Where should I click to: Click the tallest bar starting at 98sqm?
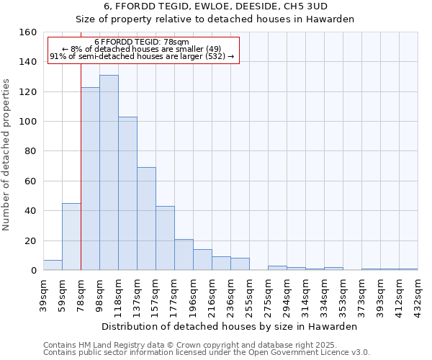click(x=109, y=173)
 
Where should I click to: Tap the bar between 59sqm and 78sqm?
click(x=71, y=237)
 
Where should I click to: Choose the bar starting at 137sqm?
click(x=146, y=219)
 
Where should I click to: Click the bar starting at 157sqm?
click(x=165, y=238)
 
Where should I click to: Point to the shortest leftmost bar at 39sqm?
click(x=53, y=265)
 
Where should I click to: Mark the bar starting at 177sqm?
click(x=184, y=255)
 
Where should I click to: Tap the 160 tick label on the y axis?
click(x=28, y=32)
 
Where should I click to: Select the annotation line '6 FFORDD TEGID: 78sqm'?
click(x=142, y=42)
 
